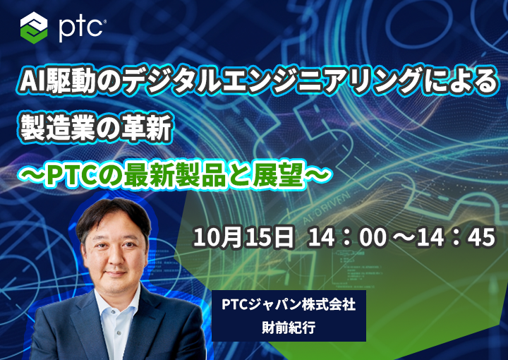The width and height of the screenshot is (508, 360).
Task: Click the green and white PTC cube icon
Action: pyautogui.click(x=34, y=28)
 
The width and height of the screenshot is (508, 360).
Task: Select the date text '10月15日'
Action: pyautogui.click(x=243, y=237)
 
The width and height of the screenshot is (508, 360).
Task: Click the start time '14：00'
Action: pyautogui.click(x=347, y=237)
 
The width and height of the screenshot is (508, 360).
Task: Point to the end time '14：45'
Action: pyautogui.click(x=456, y=237)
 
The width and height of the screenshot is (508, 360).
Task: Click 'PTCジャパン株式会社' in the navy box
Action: pyautogui.click(x=289, y=305)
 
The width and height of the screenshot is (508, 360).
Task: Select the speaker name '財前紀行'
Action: pyautogui.click(x=289, y=328)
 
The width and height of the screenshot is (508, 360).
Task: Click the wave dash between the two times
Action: pyautogui.click(x=401, y=237)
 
